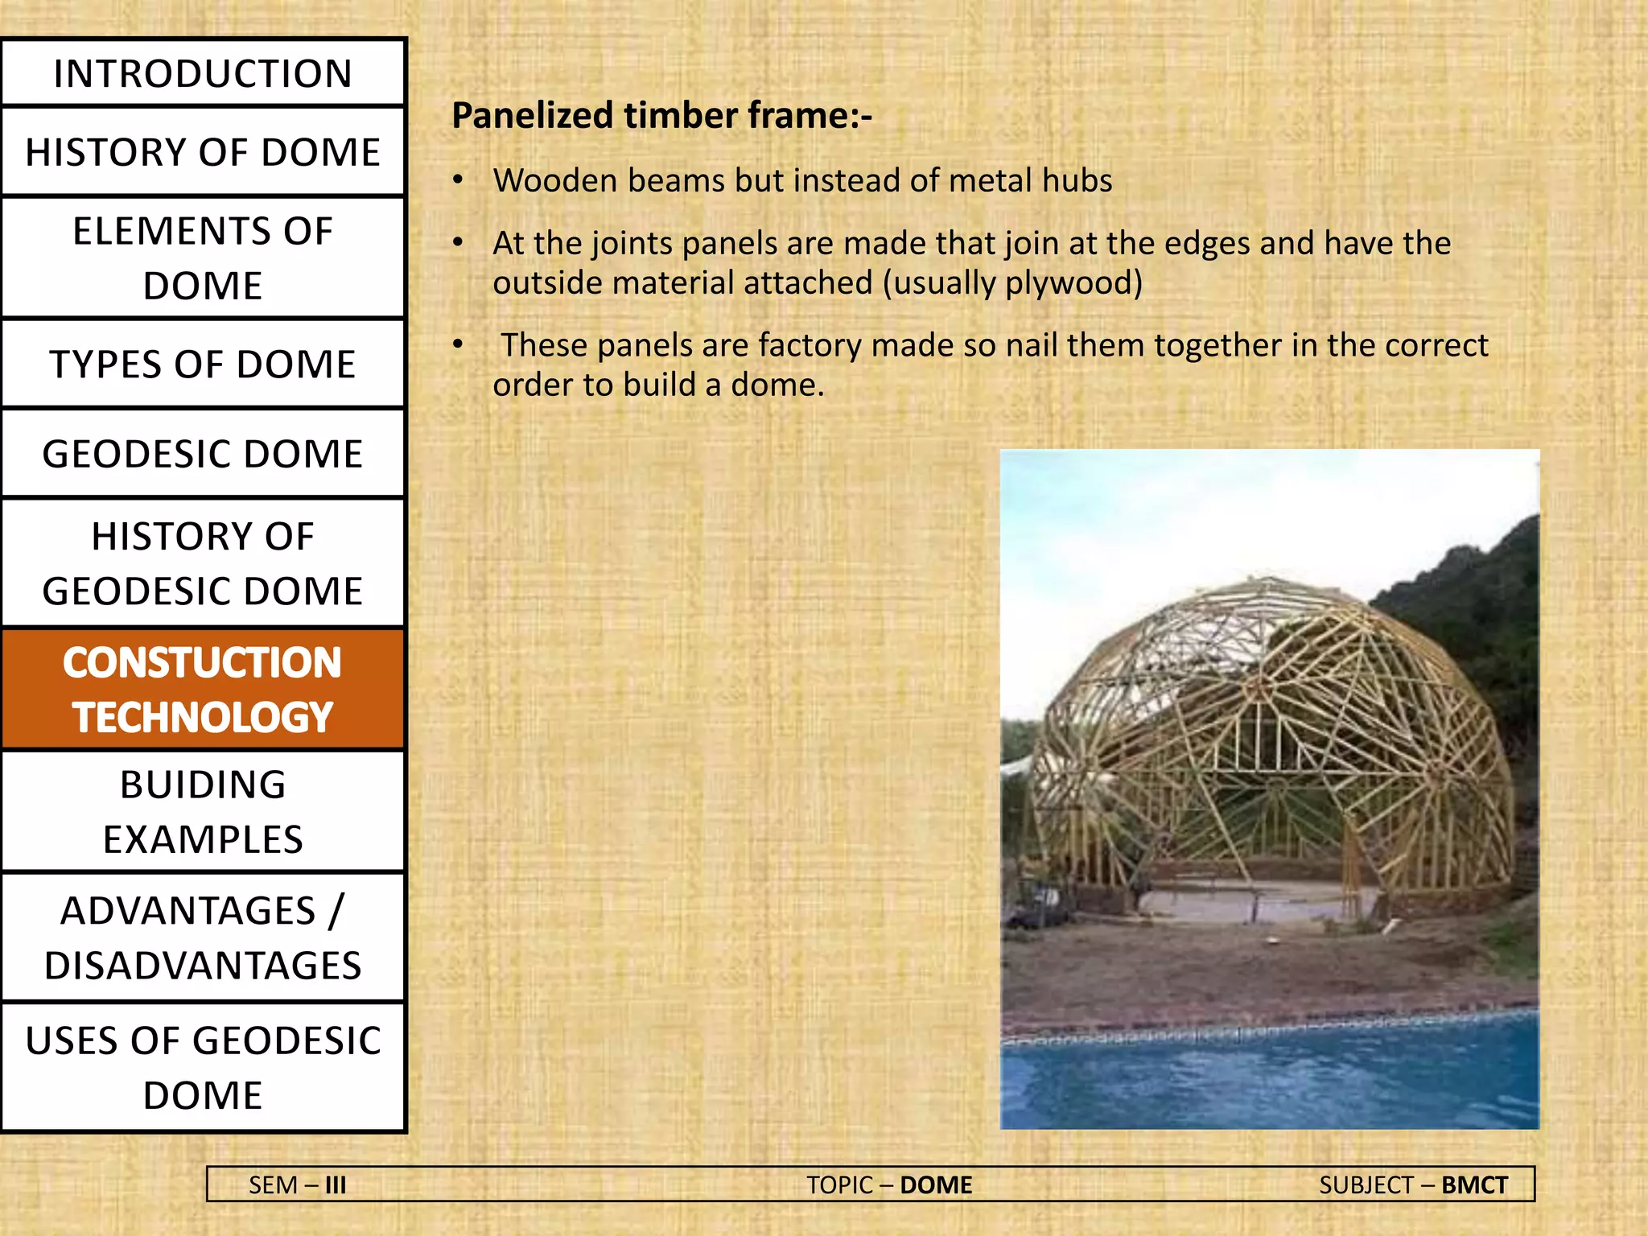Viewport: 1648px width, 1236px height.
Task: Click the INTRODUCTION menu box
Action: click(x=203, y=73)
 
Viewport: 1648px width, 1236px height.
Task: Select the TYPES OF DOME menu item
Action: click(x=203, y=364)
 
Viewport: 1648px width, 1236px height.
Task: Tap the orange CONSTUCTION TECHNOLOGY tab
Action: click(x=203, y=690)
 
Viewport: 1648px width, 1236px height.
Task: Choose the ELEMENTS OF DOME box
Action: click(x=203, y=257)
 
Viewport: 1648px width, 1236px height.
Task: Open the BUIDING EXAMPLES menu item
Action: click(x=203, y=811)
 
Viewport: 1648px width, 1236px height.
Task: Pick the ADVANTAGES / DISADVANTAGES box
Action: click(x=203, y=937)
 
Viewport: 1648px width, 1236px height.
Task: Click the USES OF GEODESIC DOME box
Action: click(x=203, y=1067)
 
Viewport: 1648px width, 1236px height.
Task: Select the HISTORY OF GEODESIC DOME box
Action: click(x=203, y=563)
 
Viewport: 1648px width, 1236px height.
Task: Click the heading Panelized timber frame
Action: click(x=661, y=115)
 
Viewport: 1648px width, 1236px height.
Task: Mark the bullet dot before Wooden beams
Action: click(x=458, y=180)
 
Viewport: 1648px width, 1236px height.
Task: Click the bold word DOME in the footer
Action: click(x=936, y=1185)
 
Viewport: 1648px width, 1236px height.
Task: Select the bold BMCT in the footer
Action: click(x=1474, y=1185)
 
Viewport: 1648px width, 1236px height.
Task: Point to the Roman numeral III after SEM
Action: click(x=336, y=1185)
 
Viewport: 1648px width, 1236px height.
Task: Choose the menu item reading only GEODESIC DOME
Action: click(x=203, y=454)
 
